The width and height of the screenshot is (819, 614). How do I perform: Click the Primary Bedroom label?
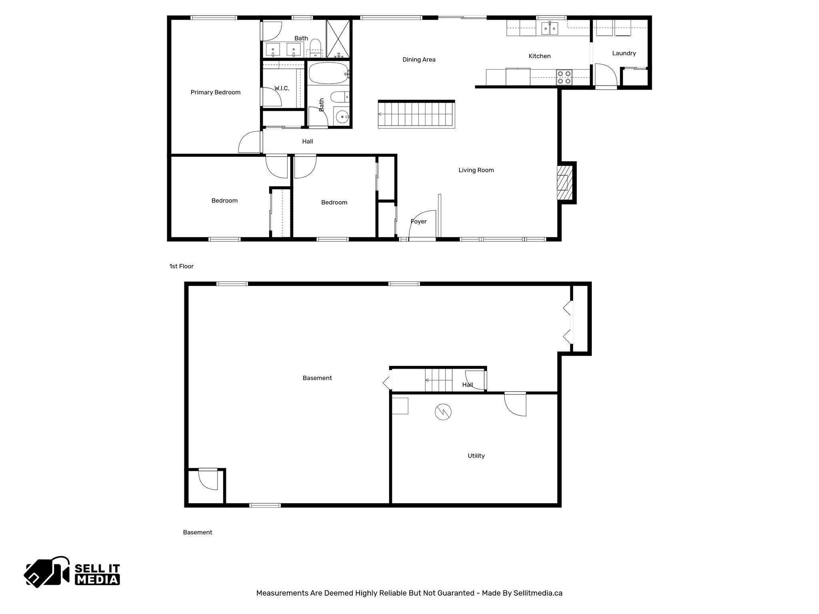point(216,92)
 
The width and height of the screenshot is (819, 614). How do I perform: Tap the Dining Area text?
point(419,60)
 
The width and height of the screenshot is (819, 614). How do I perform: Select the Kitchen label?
point(539,56)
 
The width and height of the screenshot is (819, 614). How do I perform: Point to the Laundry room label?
point(624,53)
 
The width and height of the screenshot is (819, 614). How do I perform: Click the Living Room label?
point(476,170)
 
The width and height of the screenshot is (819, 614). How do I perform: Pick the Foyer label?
point(418,221)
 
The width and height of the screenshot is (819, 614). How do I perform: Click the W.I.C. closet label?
point(282,88)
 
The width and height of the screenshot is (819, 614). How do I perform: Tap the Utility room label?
point(476,456)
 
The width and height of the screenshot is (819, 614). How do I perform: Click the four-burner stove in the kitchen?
point(564,77)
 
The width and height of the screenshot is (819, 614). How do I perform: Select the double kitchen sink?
point(549,28)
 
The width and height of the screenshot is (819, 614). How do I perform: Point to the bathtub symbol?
point(328,73)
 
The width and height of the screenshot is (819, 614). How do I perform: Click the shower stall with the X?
point(338,39)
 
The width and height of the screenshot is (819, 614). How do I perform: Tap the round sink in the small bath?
point(342,117)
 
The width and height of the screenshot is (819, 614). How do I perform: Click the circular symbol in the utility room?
point(443,412)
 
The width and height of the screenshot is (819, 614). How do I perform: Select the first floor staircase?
point(416,115)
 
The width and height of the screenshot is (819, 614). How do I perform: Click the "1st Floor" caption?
point(181,266)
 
